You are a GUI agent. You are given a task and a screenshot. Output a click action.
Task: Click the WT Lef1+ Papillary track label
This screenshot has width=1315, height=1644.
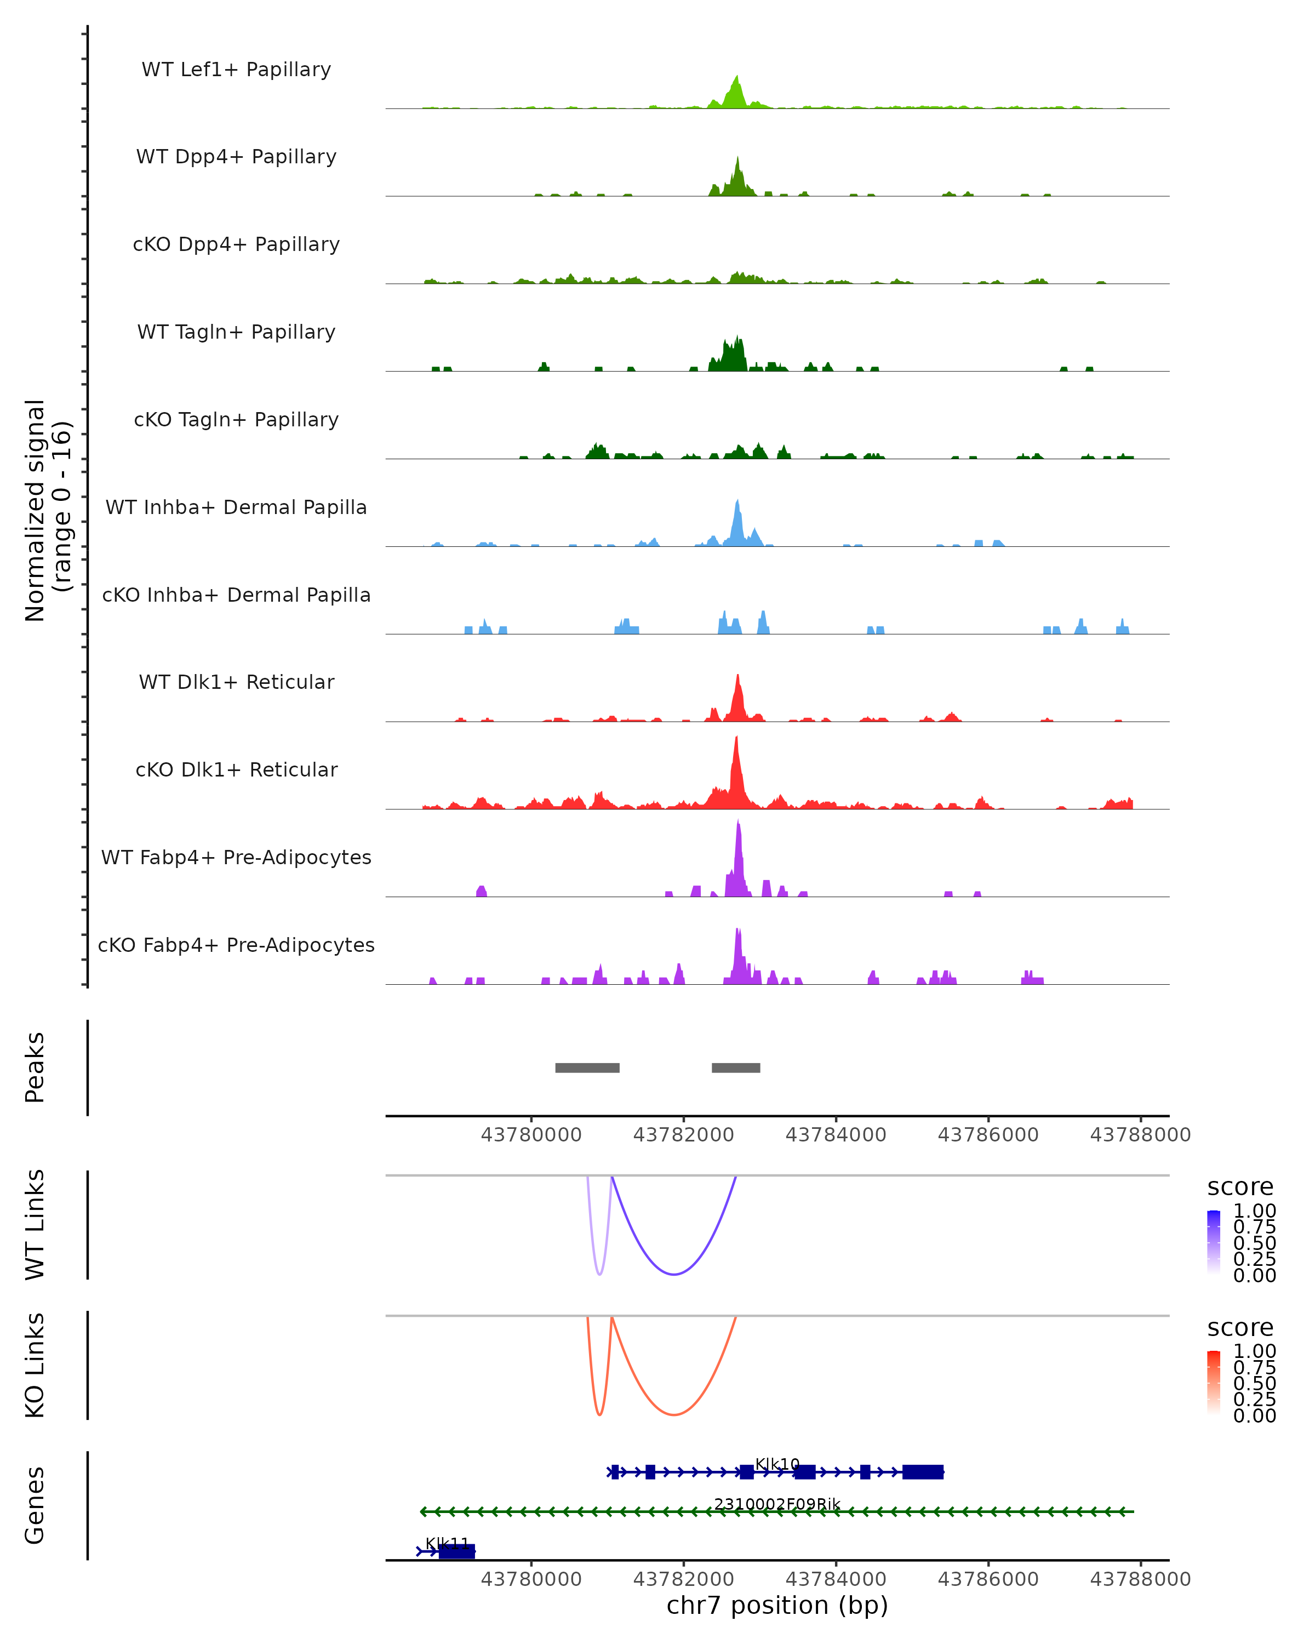pos(236,70)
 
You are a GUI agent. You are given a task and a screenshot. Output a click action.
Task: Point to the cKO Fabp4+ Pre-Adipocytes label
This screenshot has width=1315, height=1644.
pos(236,945)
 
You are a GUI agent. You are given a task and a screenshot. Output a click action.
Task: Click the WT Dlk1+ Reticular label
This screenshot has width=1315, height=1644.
pos(236,682)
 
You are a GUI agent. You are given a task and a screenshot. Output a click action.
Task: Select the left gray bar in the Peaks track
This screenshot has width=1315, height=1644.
pos(587,1068)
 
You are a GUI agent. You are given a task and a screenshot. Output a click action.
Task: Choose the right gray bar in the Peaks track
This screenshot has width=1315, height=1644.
pos(736,1068)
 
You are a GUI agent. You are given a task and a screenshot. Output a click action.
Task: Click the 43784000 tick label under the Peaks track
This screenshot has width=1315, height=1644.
pos(836,1135)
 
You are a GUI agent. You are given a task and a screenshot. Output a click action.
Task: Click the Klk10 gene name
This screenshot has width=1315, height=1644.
pos(777,1464)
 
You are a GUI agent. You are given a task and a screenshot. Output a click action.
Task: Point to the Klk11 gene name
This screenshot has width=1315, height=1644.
pos(448,1543)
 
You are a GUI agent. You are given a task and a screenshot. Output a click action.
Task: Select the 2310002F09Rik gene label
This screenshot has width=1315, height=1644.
pos(777,1504)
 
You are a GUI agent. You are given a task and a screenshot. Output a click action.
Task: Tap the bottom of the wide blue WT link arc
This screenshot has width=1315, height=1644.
pos(673,1274)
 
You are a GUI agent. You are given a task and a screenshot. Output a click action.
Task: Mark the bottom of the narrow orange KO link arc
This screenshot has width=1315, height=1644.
pos(600,1414)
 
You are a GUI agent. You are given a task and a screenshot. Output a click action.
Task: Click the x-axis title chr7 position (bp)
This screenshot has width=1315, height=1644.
pos(777,1605)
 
